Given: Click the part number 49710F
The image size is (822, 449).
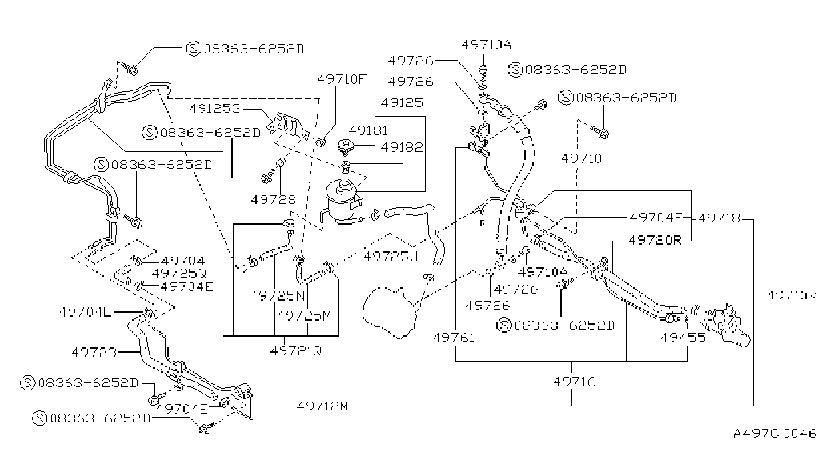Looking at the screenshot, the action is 342,79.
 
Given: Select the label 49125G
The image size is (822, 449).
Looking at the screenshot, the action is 215,109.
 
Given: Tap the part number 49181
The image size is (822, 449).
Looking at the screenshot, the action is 368,130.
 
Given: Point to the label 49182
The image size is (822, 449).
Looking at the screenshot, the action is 402,148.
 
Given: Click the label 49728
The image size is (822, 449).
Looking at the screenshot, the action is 273,200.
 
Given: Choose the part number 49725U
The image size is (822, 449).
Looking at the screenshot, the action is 391,256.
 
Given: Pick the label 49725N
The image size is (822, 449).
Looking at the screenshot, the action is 278,295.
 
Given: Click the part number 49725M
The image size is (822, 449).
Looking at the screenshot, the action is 304,315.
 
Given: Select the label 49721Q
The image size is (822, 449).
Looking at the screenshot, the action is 296,351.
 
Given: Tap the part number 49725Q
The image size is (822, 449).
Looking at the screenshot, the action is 179,273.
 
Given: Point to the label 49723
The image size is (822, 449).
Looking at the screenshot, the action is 94,353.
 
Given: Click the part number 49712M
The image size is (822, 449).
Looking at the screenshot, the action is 322,406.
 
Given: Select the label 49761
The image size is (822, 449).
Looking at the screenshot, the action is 454,337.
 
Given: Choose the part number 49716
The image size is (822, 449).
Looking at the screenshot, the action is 575,382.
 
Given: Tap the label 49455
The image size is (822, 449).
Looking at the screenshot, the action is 683,337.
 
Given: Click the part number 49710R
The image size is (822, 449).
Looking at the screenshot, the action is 791,295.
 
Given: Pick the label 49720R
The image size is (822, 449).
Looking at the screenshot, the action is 655,240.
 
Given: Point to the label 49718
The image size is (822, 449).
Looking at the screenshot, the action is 720,218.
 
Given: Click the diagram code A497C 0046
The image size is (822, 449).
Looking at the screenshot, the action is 775,434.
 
